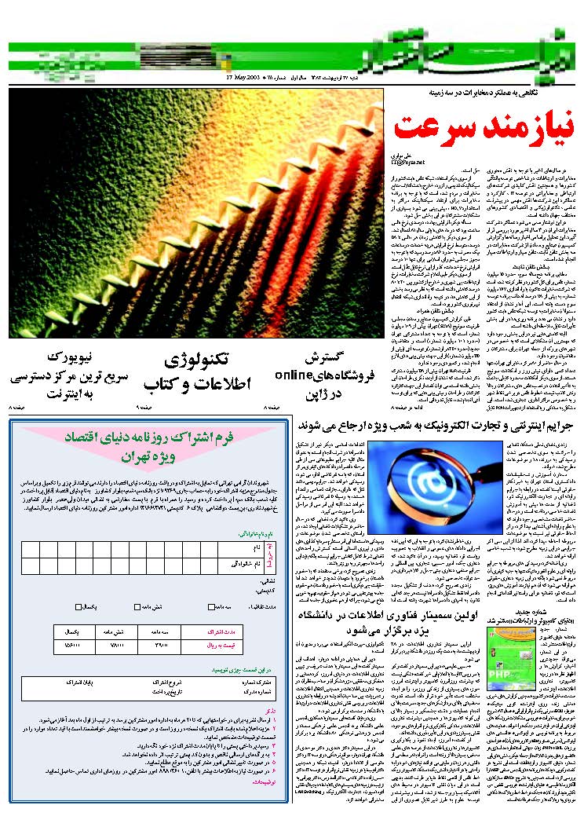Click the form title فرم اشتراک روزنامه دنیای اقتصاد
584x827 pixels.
pyautogui.click(x=149, y=439)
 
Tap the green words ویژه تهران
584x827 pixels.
pyautogui.click(x=150, y=456)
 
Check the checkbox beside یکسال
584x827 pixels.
pyautogui.click(x=78, y=607)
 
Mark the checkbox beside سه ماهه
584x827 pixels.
pyautogui.click(x=210, y=607)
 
